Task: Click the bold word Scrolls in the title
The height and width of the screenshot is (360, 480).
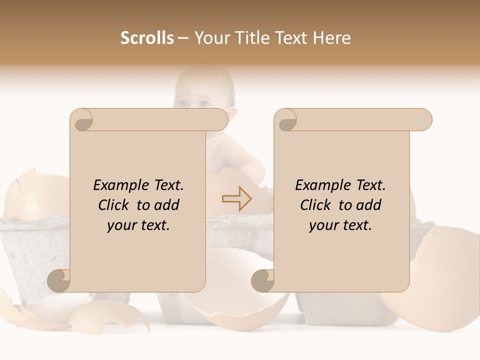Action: tap(147, 38)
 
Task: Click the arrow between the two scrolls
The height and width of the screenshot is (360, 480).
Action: tap(237, 198)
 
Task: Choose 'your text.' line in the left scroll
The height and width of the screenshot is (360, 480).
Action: tap(138, 225)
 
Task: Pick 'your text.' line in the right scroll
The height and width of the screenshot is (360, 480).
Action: tap(340, 225)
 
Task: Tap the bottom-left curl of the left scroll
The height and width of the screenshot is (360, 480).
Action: tap(59, 280)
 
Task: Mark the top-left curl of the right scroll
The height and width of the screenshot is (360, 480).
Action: tap(286, 120)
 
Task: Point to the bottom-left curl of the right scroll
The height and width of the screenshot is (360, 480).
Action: tap(263, 280)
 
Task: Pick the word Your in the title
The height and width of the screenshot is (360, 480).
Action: tap(209, 38)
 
